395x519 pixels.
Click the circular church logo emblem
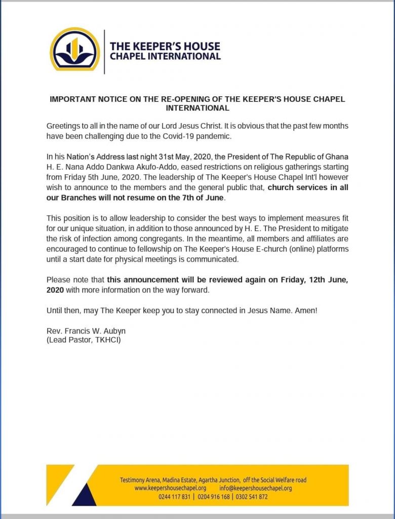point(75,49)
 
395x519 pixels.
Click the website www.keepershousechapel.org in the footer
point(170,488)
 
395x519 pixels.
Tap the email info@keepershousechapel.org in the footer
point(256,488)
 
